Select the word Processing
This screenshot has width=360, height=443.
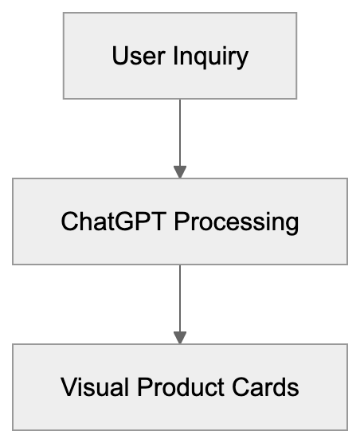(x=237, y=222)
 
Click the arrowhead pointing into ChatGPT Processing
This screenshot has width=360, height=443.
(x=180, y=171)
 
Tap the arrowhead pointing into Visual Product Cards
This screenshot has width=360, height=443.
(x=180, y=337)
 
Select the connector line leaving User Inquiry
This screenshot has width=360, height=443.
(x=180, y=131)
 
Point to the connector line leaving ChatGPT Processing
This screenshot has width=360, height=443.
(x=180, y=297)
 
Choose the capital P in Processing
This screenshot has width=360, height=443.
(x=182, y=221)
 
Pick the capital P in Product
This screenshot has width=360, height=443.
(x=143, y=387)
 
